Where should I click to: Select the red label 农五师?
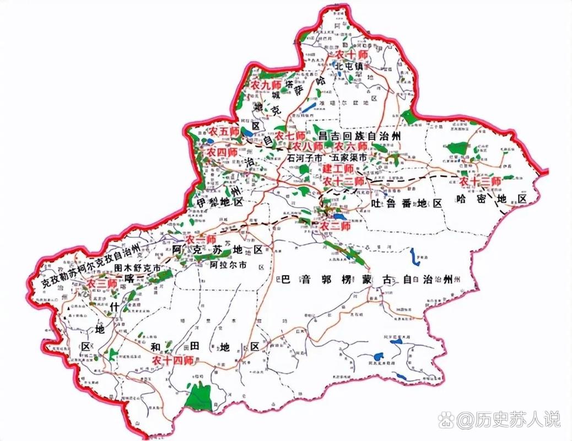224,132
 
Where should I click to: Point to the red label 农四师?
222,152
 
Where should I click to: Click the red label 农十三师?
481,181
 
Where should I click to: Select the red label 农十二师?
344,181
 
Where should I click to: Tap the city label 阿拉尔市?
228,265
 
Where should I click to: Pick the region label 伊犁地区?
220,203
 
